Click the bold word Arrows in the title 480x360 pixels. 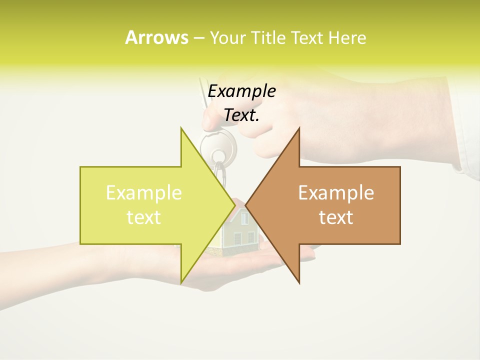tap(156, 37)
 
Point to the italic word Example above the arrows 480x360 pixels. tap(241, 91)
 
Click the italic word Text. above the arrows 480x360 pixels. tap(241, 115)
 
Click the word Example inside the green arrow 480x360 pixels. tap(144, 193)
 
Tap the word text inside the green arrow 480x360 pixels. tap(144, 217)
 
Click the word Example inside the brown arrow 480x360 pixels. tap(336, 193)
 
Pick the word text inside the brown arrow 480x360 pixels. tap(336, 217)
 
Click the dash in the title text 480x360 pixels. tap(198, 38)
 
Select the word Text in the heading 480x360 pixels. tap(306, 37)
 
